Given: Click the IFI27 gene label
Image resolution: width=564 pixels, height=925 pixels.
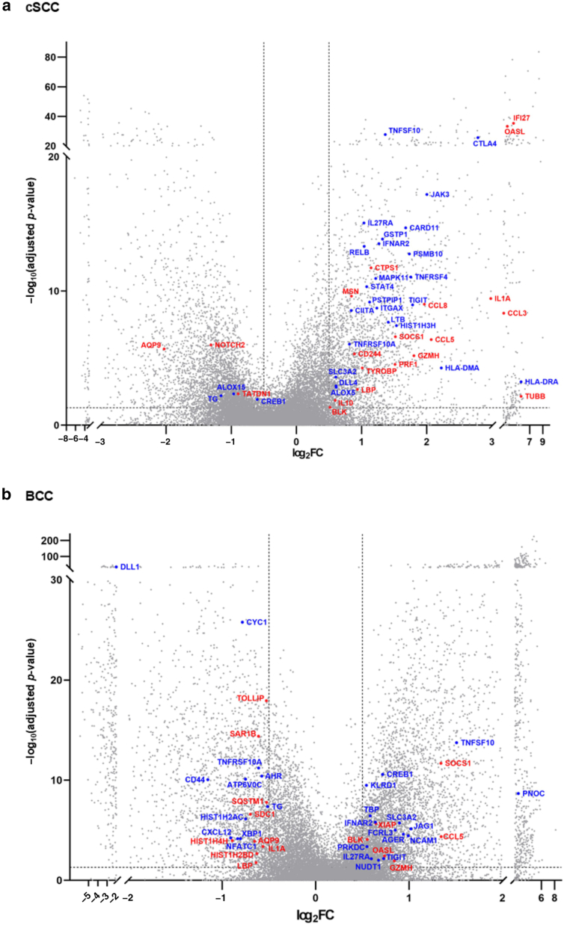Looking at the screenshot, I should tap(521, 118).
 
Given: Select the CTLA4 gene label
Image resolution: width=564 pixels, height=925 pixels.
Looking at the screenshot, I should tap(484, 144).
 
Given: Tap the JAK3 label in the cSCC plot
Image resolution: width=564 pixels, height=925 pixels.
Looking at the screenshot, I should tap(440, 194).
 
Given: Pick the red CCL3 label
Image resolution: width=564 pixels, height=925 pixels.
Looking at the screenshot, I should tap(518, 313).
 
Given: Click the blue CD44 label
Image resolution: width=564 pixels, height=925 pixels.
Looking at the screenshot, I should tap(195, 780).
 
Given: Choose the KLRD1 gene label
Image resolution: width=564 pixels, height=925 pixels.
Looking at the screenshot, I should tap(383, 785).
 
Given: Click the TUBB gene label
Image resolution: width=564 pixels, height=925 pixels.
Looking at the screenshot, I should tap(535, 396).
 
